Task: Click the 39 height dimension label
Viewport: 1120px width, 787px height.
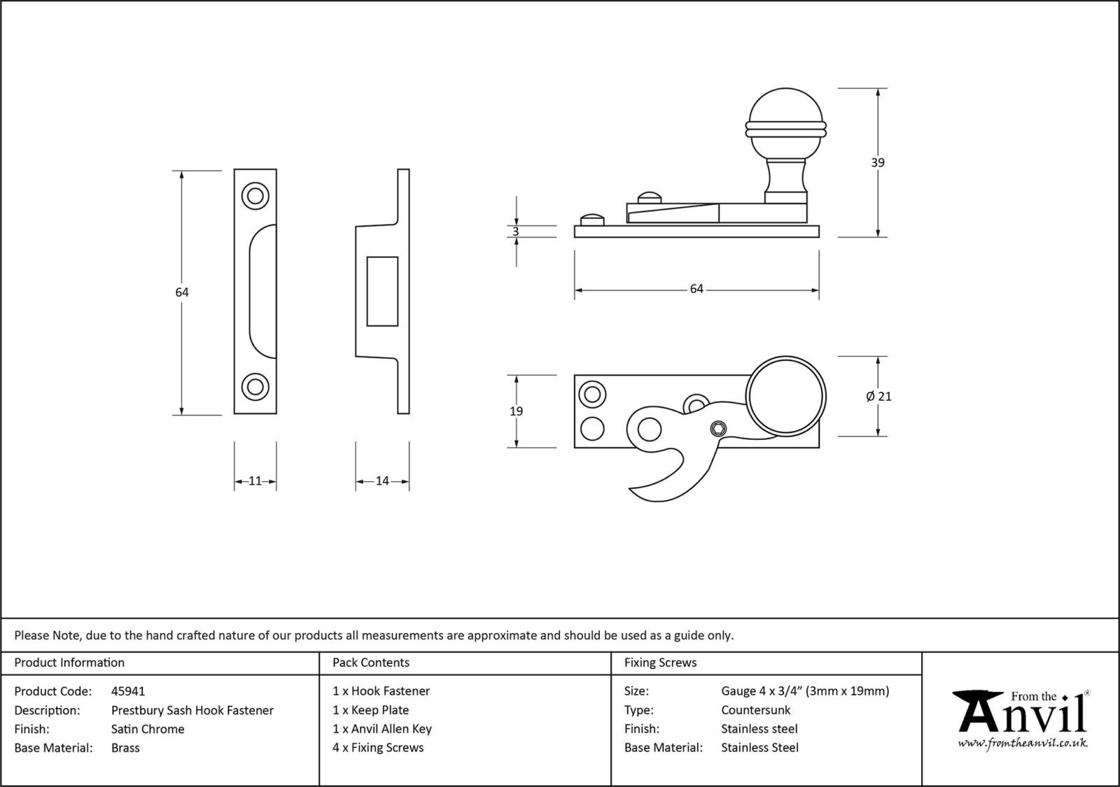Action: [877, 162]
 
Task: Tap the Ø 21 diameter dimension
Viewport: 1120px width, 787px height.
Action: [879, 396]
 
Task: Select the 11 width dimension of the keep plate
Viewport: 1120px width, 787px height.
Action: [255, 481]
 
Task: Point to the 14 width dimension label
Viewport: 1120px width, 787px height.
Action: [382, 481]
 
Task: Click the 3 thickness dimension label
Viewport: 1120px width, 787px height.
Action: [516, 232]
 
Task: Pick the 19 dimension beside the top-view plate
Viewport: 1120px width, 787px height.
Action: [516, 411]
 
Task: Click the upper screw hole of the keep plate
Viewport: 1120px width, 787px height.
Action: [255, 196]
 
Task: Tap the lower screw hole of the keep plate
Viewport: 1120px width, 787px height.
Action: [255, 386]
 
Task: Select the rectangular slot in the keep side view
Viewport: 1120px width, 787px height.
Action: [382, 291]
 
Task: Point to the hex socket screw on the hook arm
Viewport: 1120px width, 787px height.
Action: [717, 429]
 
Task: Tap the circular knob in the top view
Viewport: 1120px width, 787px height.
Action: [786, 396]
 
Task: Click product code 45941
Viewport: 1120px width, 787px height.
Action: [128, 691]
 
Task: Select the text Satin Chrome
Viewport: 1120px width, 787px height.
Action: [148, 729]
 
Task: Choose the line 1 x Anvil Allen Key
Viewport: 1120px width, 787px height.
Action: [382, 729]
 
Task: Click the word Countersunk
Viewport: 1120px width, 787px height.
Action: [755, 710]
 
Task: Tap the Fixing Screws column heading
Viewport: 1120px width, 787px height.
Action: [660, 662]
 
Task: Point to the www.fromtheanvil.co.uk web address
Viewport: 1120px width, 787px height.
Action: [1022, 743]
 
